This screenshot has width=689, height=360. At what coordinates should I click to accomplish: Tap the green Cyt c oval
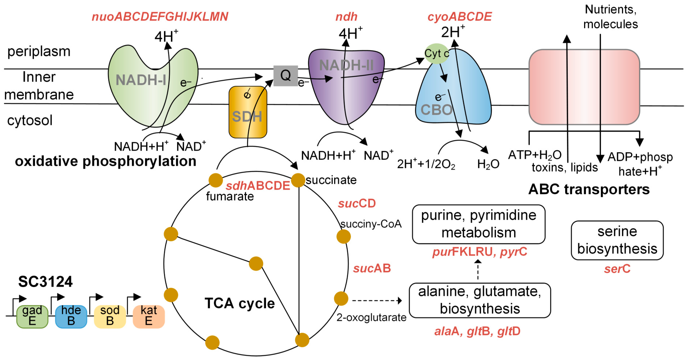436,54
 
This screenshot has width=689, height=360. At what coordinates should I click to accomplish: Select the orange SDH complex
248,112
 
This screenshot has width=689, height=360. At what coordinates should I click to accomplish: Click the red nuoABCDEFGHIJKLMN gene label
160,17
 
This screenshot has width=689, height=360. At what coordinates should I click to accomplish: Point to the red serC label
617,269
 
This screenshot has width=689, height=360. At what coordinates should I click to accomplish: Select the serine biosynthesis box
617,240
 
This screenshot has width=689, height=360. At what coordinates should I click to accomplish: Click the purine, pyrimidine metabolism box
479,224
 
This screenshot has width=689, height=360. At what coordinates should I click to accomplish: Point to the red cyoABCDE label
460,17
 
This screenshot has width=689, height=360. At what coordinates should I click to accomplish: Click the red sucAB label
372,268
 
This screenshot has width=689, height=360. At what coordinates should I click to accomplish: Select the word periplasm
39,51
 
